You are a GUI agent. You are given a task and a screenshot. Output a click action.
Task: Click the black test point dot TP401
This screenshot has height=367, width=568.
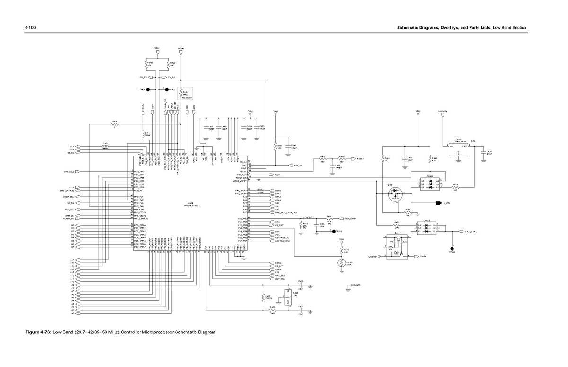(x=148, y=89)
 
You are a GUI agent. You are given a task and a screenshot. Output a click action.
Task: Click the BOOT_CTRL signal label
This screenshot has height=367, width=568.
(x=470, y=231)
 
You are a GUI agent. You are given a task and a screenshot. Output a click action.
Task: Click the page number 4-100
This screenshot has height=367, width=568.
(x=31, y=28)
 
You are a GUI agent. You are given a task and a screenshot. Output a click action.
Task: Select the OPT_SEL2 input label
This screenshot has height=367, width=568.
(x=70, y=171)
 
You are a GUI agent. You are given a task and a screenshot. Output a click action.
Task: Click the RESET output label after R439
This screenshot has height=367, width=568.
(x=360, y=159)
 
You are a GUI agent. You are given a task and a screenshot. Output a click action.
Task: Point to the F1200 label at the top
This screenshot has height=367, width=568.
(x=181, y=48)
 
